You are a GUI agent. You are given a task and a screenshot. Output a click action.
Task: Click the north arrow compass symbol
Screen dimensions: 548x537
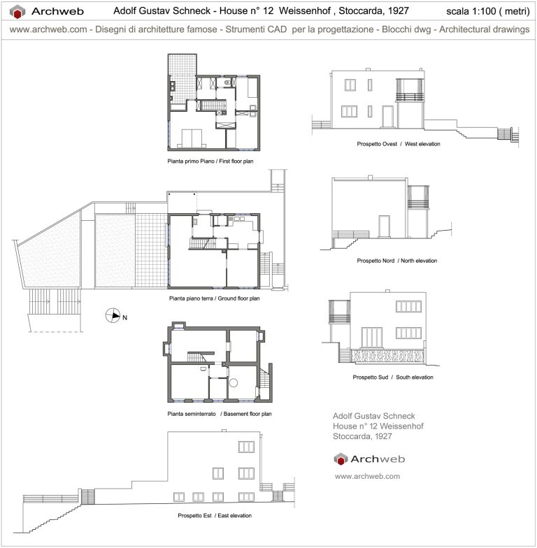[113, 316]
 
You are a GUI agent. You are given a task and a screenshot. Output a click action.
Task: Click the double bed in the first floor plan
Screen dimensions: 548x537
[192, 138]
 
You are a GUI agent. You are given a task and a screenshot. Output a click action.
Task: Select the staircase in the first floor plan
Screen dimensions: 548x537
[213, 105]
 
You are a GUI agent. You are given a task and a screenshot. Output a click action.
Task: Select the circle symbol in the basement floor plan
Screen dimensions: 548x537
[235, 383]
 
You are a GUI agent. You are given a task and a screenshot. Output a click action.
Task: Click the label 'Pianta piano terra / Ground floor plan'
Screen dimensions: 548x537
[214, 298]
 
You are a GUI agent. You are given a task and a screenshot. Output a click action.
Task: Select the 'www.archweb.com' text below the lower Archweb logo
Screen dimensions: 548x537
[367, 476]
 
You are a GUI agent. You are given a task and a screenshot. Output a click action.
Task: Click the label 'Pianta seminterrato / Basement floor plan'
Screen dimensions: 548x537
[219, 414]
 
